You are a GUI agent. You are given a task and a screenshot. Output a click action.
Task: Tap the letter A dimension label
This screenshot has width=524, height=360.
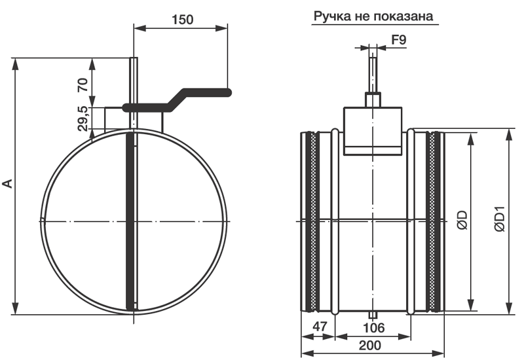(x=7, y=183)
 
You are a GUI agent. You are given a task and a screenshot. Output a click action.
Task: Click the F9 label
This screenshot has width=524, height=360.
(x=399, y=40)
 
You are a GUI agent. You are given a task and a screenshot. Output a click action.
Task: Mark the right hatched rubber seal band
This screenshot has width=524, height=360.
(x=432, y=221)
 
